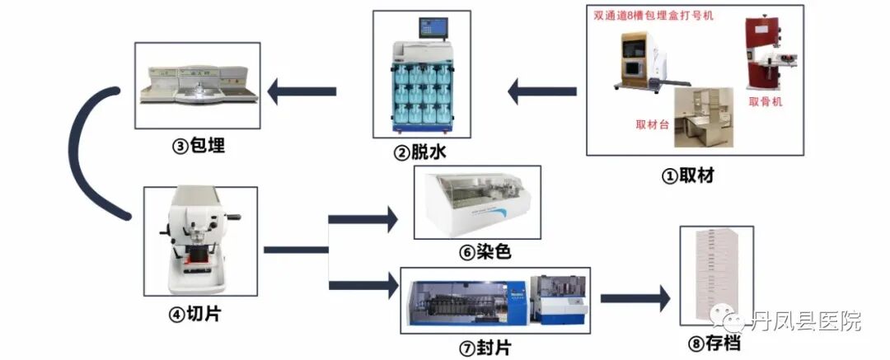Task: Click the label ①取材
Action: tap(689, 175)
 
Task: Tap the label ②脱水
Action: tap(421, 152)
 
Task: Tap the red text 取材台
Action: tap(652, 125)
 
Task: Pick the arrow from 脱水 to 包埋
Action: tap(302, 90)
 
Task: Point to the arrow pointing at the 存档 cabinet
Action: tap(635, 296)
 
